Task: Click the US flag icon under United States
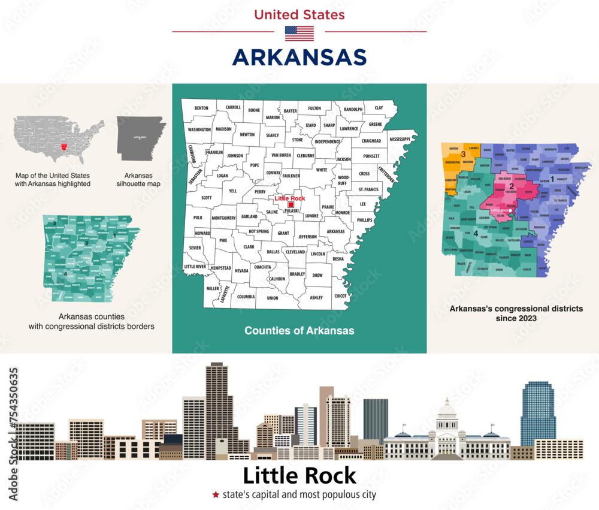click(x=299, y=33)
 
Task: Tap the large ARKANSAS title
click(x=299, y=57)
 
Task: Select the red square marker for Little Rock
click(x=291, y=205)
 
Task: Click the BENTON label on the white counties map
click(x=201, y=108)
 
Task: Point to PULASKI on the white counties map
click(x=292, y=212)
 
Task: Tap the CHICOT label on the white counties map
click(x=340, y=295)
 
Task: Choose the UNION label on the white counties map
click(x=273, y=298)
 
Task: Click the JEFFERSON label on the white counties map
click(x=307, y=237)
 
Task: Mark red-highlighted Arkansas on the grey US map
click(x=64, y=146)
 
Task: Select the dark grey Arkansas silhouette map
click(x=141, y=138)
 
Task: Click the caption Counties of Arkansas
click(x=299, y=331)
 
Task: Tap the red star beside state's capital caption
click(x=214, y=495)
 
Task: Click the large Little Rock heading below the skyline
click(x=299, y=475)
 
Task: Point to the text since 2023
click(x=516, y=318)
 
